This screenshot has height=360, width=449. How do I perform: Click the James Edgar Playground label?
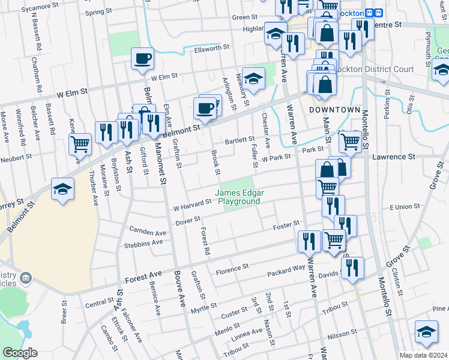238,197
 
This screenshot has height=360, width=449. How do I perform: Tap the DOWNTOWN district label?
334,110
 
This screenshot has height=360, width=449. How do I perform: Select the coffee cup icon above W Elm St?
143,59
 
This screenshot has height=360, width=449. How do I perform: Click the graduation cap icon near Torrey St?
62,188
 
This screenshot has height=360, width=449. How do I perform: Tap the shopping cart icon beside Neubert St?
79,144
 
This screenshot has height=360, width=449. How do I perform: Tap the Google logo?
20,353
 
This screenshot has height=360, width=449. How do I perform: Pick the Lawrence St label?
394,157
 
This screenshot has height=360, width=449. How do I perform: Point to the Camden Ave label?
148,232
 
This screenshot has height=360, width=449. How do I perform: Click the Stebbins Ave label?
143,244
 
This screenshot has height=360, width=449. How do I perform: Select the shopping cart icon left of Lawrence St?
349,142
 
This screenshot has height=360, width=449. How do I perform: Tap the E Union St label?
405,206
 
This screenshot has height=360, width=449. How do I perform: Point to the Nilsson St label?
343,332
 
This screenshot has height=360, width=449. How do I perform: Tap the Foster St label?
286,225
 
